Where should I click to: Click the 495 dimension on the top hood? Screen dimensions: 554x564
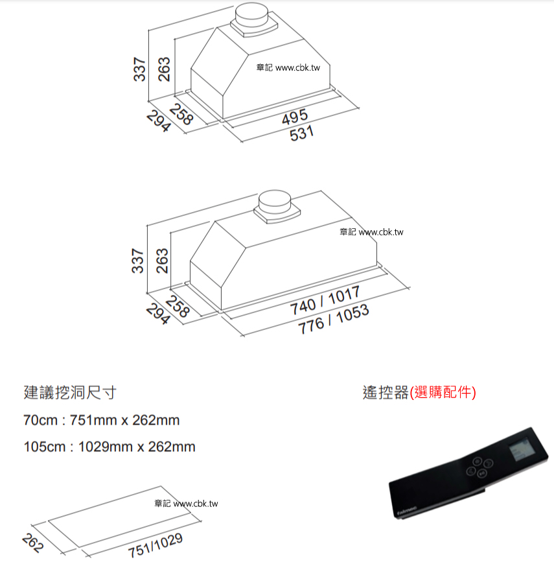click(x=295, y=117)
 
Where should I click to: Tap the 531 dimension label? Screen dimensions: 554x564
click(x=302, y=133)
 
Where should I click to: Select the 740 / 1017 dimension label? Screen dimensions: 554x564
click(x=325, y=301)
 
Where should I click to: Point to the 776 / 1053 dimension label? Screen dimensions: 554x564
click(x=333, y=319)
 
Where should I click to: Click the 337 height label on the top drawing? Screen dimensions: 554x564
click(x=139, y=69)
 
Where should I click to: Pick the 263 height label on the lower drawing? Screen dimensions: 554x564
click(x=162, y=261)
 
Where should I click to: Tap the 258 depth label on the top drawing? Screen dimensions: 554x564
click(x=181, y=114)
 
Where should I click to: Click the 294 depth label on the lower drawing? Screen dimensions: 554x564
click(x=158, y=314)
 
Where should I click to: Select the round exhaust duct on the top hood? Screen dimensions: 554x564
click(x=251, y=15)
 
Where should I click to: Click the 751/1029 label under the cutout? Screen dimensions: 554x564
click(x=156, y=545)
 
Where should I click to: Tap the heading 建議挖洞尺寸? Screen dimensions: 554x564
click(x=70, y=392)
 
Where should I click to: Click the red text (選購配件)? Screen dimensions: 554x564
click(x=443, y=392)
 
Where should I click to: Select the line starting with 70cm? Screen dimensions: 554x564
click(x=101, y=420)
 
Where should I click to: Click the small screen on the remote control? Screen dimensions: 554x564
click(x=520, y=449)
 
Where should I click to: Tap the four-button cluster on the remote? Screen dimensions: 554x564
click(x=479, y=467)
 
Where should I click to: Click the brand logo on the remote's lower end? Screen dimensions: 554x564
click(x=407, y=510)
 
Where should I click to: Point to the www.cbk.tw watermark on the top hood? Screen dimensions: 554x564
click(x=297, y=67)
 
